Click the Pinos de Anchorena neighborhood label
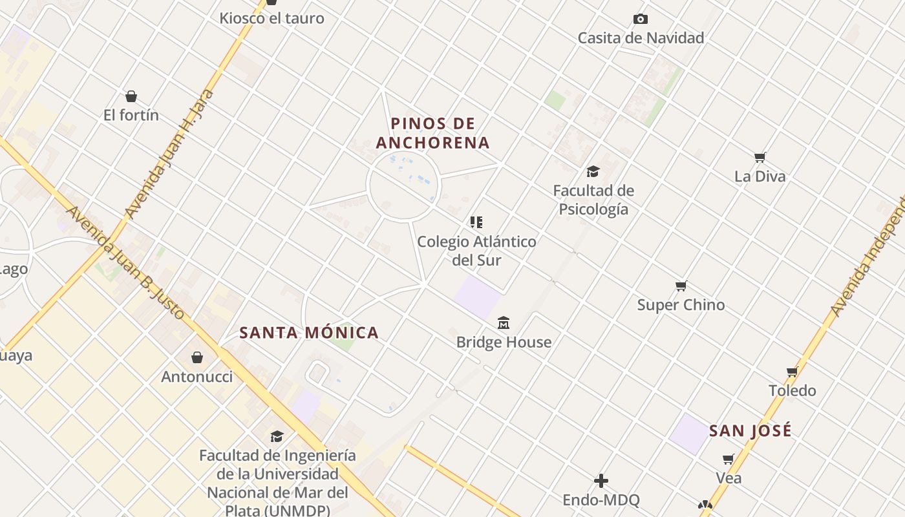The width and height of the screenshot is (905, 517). pyautogui.click(x=432, y=132)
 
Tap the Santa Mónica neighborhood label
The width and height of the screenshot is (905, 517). pyautogui.click(x=309, y=333)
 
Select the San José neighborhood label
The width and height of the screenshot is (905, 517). pyautogui.click(x=750, y=431)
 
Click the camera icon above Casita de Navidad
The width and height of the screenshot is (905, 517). pyautogui.click(x=641, y=19)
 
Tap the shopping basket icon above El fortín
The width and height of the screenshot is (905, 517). pyautogui.click(x=131, y=96)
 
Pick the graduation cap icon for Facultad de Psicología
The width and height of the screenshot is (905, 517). pyautogui.click(x=593, y=171)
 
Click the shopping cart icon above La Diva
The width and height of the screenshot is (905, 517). pyautogui.click(x=760, y=157)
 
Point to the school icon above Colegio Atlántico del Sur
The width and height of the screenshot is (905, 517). pyautogui.click(x=476, y=222)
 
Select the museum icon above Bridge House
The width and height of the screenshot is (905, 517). pyautogui.click(x=504, y=322)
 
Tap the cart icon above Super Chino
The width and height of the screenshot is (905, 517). pyautogui.click(x=681, y=286)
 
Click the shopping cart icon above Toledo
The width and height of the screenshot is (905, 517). pyautogui.click(x=793, y=372)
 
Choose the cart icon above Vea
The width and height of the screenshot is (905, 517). pyautogui.click(x=729, y=459)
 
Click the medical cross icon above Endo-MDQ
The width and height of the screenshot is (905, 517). pyautogui.click(x=601, y=481)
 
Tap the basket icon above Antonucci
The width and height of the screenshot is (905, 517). pyautogui.click(x=197, y=357)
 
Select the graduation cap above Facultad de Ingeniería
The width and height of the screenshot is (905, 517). pyautogui.click(x=277, y=436)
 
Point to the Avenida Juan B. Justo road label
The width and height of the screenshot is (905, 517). pyautogui.click(x=126, y=262)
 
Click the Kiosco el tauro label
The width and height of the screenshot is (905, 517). pyautogui.click(x=271, y=18)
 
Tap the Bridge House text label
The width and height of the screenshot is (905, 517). pyautogui.click(x=504, y=342)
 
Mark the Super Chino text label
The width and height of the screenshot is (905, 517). pyautogui.click(x=681, y=305)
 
